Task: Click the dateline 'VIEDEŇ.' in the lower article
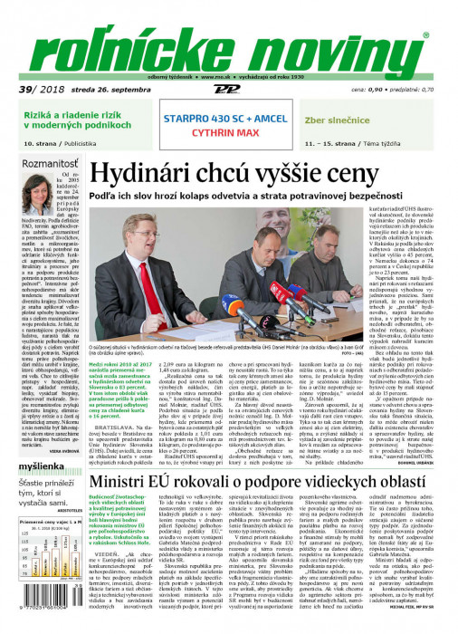coord(101,552)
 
